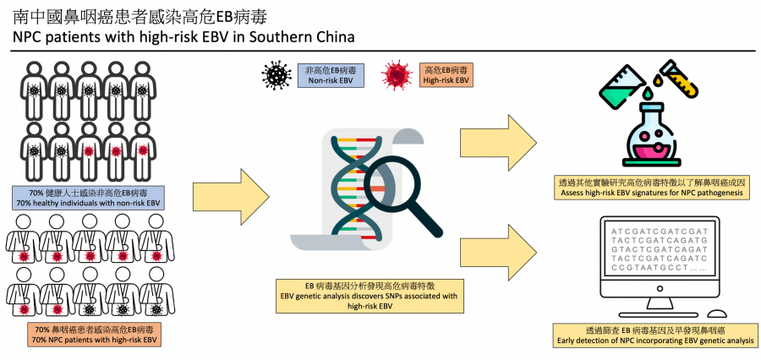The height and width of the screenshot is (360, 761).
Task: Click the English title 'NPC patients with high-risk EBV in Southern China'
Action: (178, 37)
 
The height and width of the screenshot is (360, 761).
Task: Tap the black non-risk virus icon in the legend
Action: (274, 75)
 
